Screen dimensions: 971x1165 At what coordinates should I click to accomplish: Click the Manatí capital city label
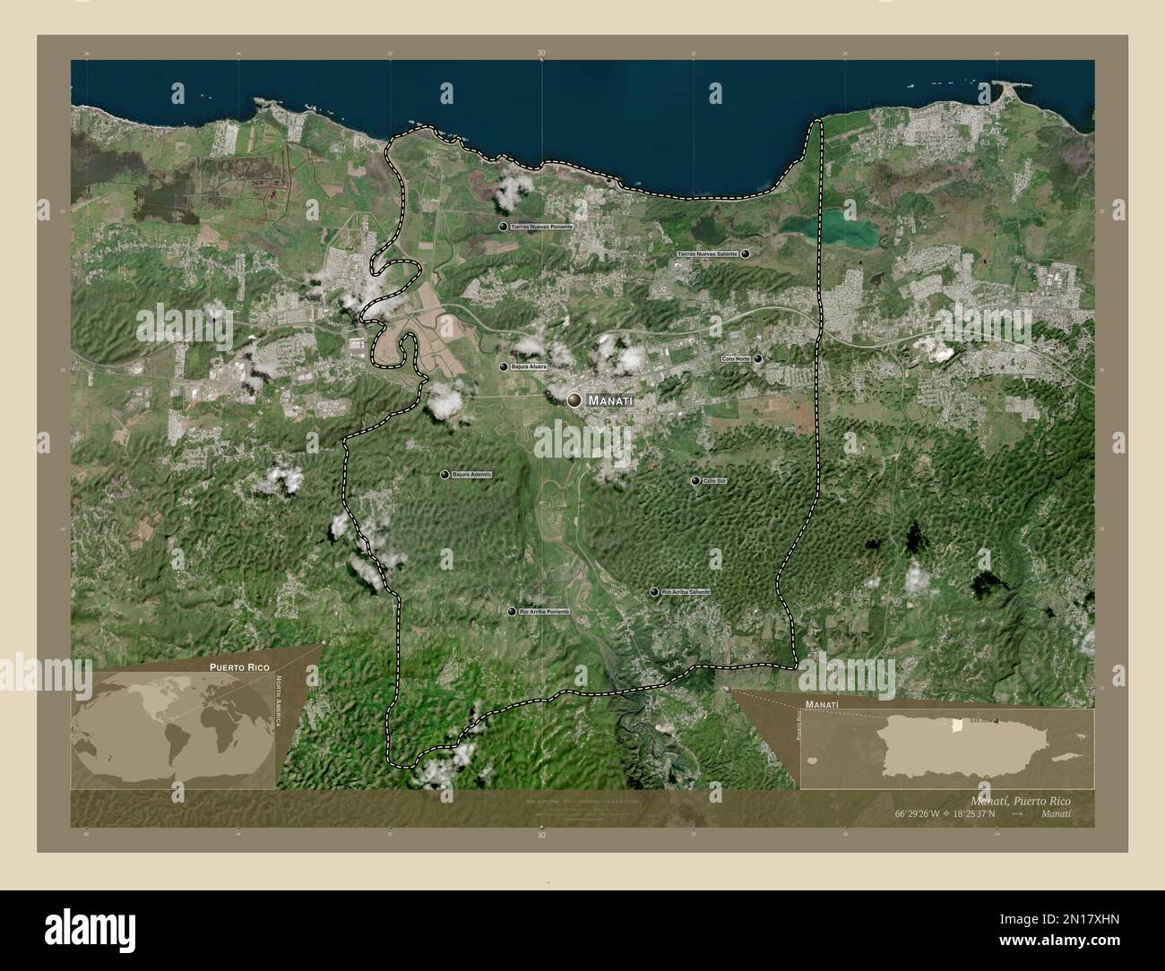click(610, 402)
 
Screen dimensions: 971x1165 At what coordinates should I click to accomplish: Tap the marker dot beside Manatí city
click(574, 400)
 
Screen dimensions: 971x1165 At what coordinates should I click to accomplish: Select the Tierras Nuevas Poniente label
click(541, 228)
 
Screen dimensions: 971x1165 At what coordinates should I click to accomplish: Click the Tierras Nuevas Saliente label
click(708, 254)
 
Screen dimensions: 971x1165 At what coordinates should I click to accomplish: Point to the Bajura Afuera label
click(529, 366)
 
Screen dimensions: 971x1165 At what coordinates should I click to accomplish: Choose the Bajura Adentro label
click(472, 474)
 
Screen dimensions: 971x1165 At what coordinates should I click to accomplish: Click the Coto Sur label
click(714, 481)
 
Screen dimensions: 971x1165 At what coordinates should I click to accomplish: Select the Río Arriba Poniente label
click(544, 612)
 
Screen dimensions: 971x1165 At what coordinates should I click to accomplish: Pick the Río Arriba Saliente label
click(686, 592)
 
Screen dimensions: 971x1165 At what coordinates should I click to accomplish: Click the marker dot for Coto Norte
click(758, 358)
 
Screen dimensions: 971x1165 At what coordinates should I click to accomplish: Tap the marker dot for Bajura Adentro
click(444, 474)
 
